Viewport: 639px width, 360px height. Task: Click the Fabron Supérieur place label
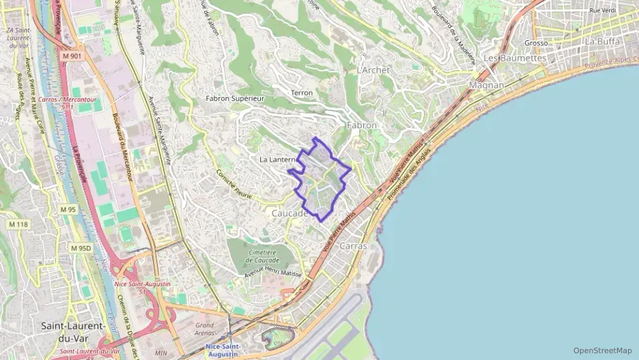pyautogui.click(x=235, y=98)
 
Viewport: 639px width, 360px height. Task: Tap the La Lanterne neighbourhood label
pyautogui.click(x=277, y=159)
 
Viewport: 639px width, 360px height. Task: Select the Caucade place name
pyautogui.click(x=289, y=213)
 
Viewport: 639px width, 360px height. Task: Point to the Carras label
pyautogui.click(x=353, y=245)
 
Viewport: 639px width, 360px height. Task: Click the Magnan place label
pyautogui.click(x=487, y=85)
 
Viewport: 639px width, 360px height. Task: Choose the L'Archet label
pyautogui.click(x=373, y=70)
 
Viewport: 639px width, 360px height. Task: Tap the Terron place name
pyautogui.click(x=301, y=93)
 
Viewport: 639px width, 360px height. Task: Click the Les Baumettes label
pyautogui.click(x=515, y=58)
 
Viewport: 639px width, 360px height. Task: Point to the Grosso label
pyautogui.click(x=537, y=42)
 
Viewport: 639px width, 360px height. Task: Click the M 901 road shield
pyautogui.click(x=70, y=55)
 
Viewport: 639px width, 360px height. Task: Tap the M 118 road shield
pyautogui.click(x=18, y=224)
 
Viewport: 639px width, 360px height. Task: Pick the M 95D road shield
pyautogui.click(x=81, y=248)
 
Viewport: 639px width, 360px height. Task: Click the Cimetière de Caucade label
pyautogui.click(x=263, y=256)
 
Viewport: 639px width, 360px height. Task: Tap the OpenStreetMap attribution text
pyautogui.click(x=602, y=350)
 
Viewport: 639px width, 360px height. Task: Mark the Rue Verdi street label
pyautogui.click(x=603, y=11)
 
